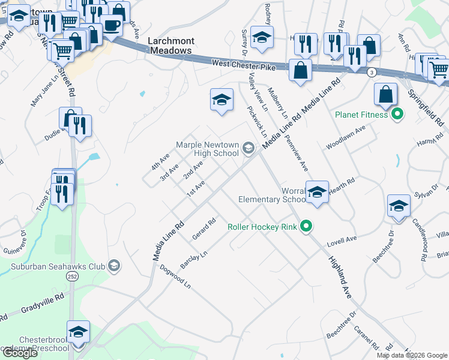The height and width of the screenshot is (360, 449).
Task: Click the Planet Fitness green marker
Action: pos(396,113)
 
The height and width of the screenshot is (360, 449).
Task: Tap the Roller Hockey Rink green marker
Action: pos(306,226)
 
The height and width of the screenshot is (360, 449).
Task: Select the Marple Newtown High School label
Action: pos(207,149)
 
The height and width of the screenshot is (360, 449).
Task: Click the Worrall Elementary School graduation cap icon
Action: pos(317,192)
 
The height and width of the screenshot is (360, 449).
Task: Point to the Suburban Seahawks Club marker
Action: pos(113,266)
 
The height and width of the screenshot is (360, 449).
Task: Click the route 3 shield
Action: pos(373,72)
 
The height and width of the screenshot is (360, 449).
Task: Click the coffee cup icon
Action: pos(112,26)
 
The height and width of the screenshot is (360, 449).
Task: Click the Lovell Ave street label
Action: pos(342,242)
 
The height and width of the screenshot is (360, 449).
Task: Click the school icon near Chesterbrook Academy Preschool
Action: pos(78,332)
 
